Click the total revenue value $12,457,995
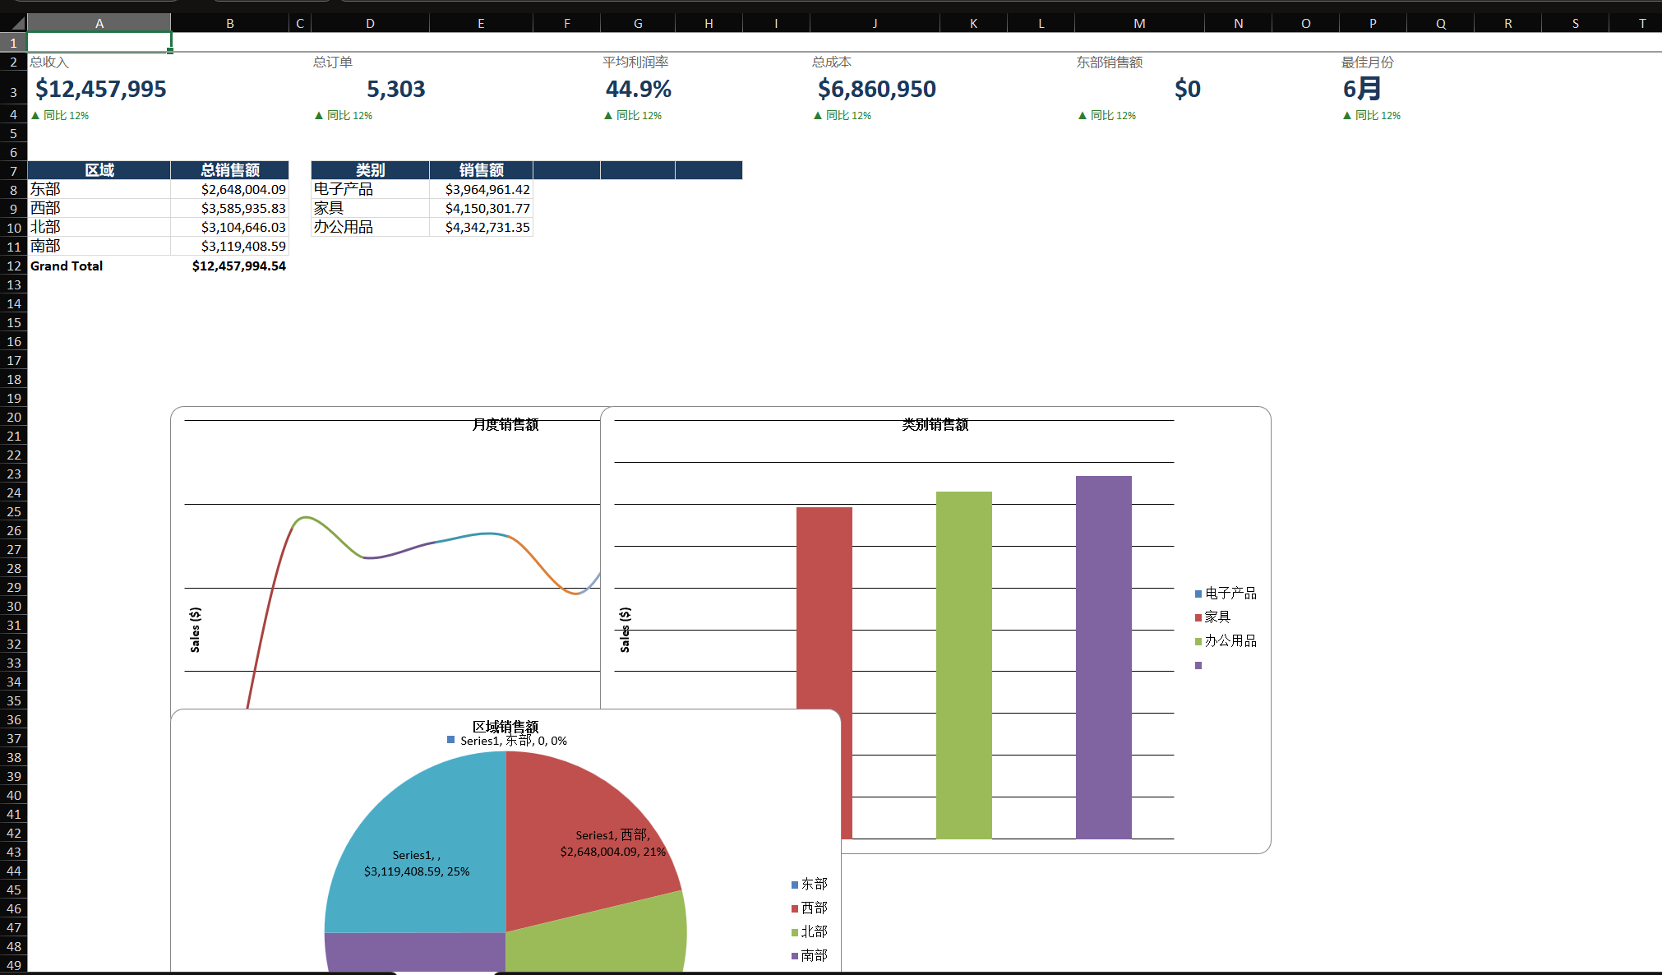100,89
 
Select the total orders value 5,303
395,89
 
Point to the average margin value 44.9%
639,89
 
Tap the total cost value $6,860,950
876,89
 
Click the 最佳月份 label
1367,62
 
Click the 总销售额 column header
230,170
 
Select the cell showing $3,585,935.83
243,208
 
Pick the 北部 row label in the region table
45,227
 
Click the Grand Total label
67,266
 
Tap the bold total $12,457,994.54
239,266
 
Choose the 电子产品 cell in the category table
343,189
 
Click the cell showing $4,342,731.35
487,227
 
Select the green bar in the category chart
963,665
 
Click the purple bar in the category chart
1103,657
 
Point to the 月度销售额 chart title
506,424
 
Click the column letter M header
1139,23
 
